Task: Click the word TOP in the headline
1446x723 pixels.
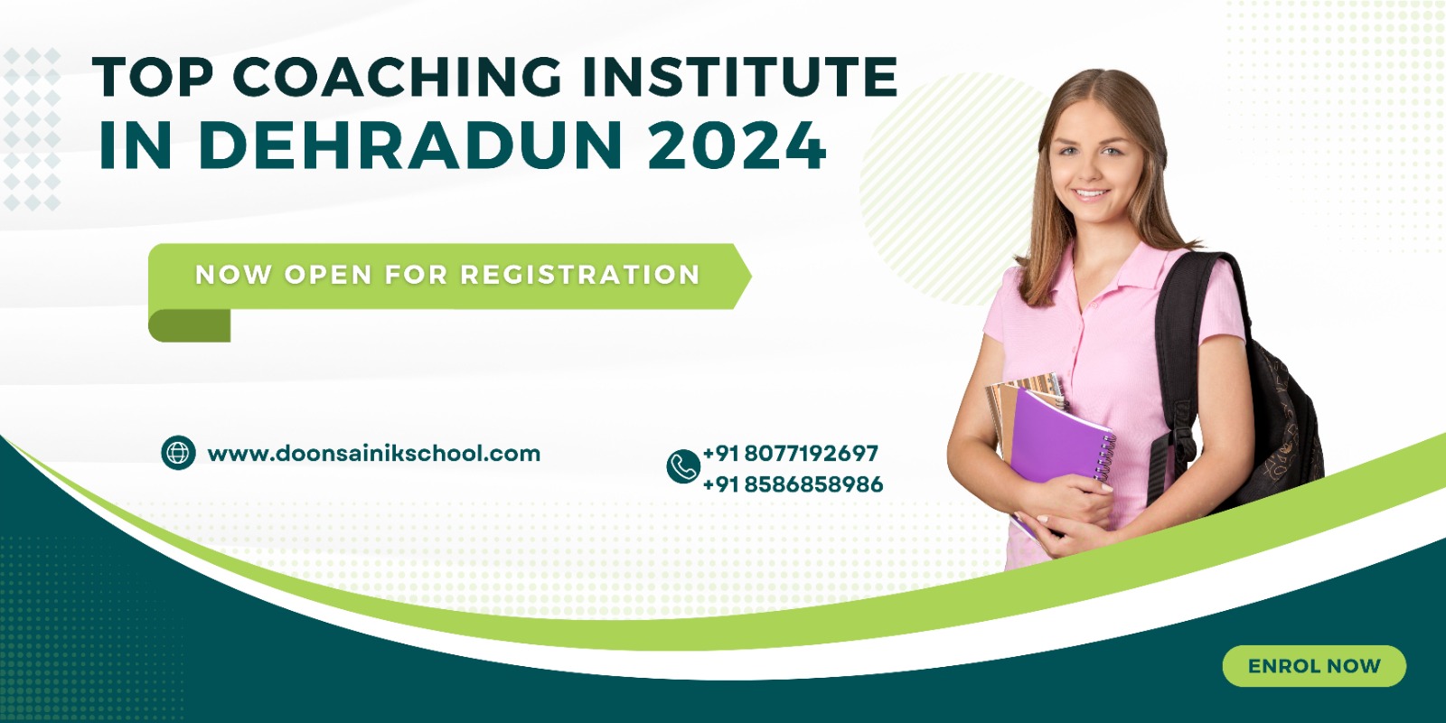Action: tap(153, 77)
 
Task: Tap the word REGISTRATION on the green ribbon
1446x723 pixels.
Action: tap(579, 275)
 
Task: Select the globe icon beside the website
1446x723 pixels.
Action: tap(178, 453)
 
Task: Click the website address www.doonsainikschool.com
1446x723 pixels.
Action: tap(374, 453)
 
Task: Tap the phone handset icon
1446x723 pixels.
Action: tap(683, 466)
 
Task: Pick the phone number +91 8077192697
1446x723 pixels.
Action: tap(790, 453)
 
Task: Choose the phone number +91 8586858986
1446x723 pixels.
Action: tap(793, 484)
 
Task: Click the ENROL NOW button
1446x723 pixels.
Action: tap(1314, 665)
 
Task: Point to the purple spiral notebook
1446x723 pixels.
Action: tap(1058, 439)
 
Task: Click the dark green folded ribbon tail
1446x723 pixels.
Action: tap(189, 325)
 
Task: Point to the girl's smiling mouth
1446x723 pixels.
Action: tap(1090, 193)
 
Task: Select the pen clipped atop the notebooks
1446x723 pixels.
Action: tap(1056, 390)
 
